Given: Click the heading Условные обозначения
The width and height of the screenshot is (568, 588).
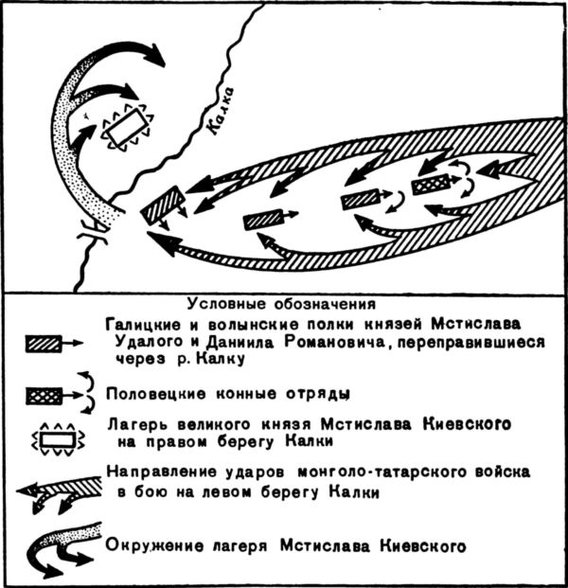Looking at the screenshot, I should pos(281,304).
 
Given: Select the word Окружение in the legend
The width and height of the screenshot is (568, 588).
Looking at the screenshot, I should pos(151,546).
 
